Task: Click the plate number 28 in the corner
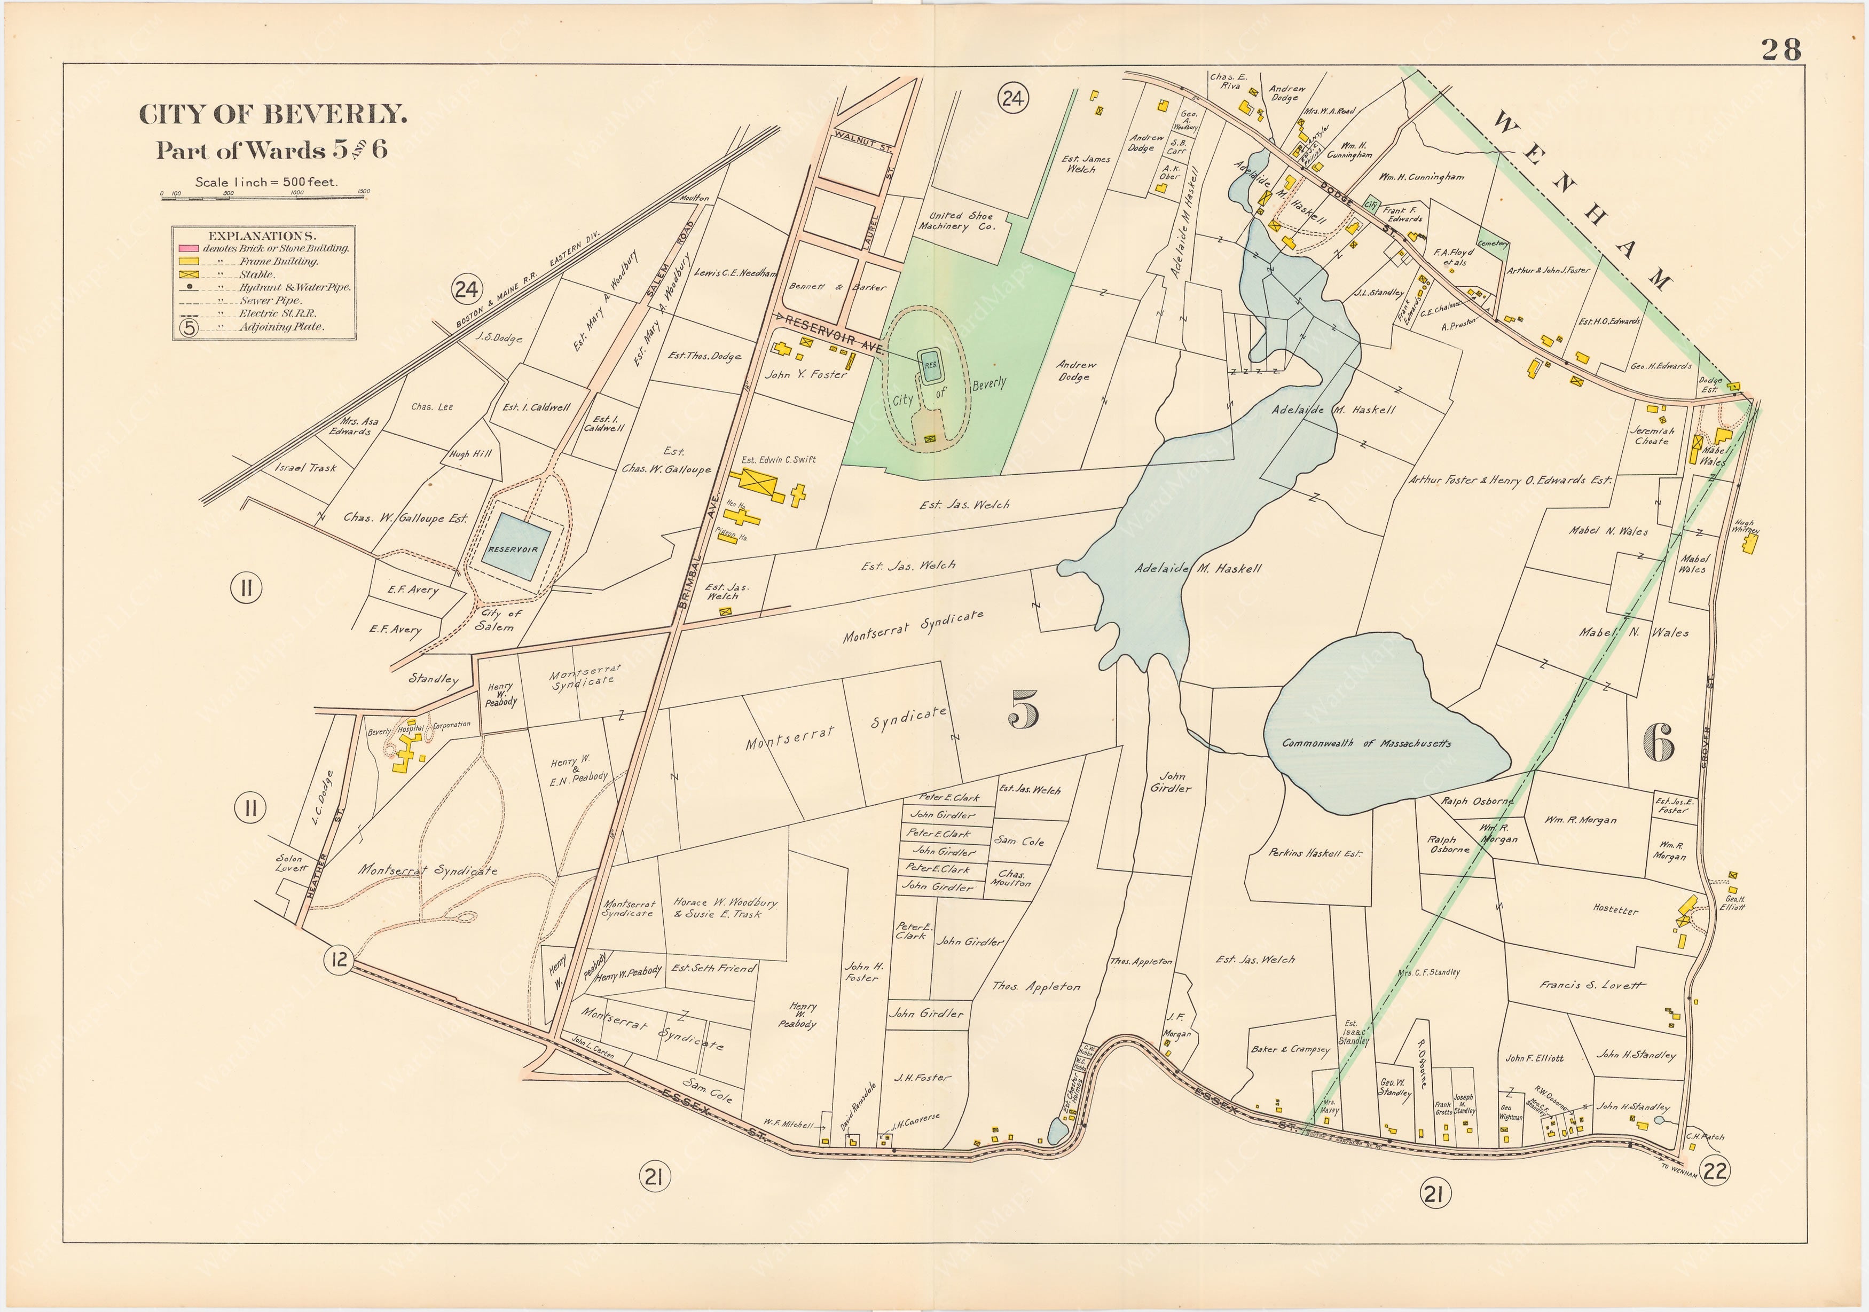pyautogui.click(x=1781, y=50)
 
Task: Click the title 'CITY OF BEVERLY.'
pyautogui.click(x=273, y=115)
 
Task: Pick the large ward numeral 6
pyautogui.click(x=1658, y=742)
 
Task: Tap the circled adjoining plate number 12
pyautogui.click(x=338, y=960)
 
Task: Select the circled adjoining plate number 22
pyautogui.click(x=1714, y=1170)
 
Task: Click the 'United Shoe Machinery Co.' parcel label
pyautogui.click(x=956, y=222)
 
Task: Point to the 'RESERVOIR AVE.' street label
pyautogui.click(x=832, y=333)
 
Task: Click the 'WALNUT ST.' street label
pyautogui.click(x=863, y=143)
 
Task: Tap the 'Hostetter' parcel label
pyautogui.click(x=1615, y=910)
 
